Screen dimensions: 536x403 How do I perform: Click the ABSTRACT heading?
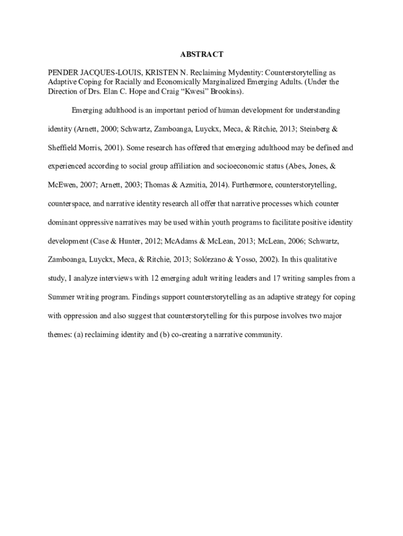tap(201, 54)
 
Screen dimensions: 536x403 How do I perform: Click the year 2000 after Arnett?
tap(111, 129)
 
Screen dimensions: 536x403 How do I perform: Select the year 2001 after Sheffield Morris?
tap(110, 148)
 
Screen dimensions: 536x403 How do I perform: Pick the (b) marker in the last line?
tap(164, 334)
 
